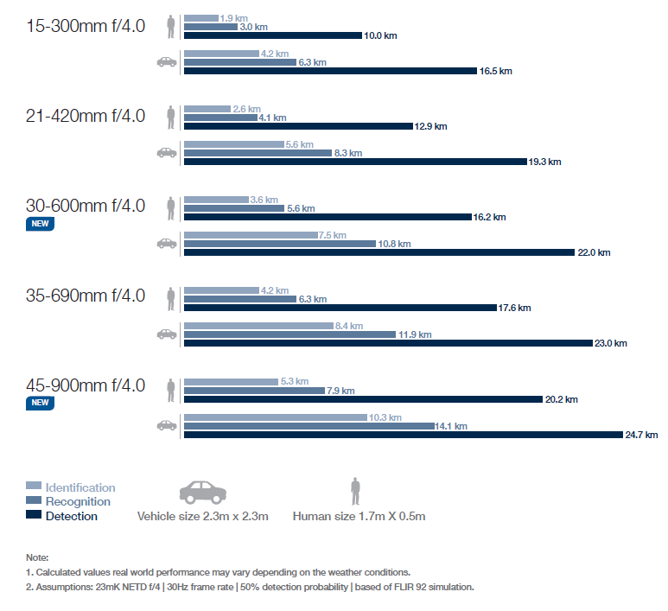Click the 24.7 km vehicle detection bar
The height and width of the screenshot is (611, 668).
pyautogui.click(x=403, y=435)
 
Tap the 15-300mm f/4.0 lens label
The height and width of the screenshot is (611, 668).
pyautogui.click(x=86, y=26)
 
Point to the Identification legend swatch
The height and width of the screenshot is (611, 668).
pyautogui.click(x=34, y=487)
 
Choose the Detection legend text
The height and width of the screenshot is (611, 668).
pyautogui.click(x=71, y=516)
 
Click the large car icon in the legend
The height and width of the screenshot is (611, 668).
pyautogui.click(x=202, y=491)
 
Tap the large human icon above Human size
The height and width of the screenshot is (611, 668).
pyautogui.click(x=354, y=491)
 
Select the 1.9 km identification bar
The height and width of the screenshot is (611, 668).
pyautogui.click(x=200, y=17)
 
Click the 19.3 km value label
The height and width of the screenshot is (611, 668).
pyautogui.click(x=545, y=162)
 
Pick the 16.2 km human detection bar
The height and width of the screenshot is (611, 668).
pyautogui.click(x=328, y=216)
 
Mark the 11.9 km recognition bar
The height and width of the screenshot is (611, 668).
pyautogui.click(x=289, y=334)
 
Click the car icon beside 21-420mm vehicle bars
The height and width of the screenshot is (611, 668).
pyautogui.click(x=166, y=152)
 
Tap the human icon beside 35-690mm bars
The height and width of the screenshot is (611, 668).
pyautogui.click(x=171, y=298)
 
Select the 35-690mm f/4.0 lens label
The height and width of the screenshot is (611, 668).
pyautogui.click(x=86, y=296)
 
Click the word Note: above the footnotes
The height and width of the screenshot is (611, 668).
pyautogui.click(x=37, y=557)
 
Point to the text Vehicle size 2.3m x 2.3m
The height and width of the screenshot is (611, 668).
pyautogui.click(x=203, y=517)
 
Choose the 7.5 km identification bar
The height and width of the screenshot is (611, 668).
pyautogui.click(x=251, y=234)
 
